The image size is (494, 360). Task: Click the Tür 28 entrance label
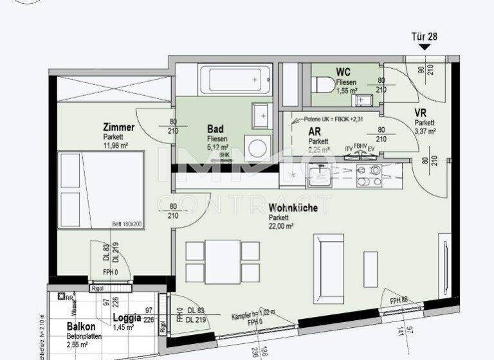[x=424, y=37]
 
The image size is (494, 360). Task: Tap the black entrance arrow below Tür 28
[x=424, y=48]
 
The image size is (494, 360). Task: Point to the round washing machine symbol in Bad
[x=261, y=147]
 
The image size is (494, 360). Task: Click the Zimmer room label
[x=118, y=127]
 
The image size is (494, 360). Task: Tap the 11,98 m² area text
[x=116, y=145]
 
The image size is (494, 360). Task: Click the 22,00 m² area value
[x=281, y=226]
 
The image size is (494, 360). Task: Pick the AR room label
[x=315, y=131]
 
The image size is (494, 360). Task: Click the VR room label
[x=422, y=113]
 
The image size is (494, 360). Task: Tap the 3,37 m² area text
[x=425, y=131]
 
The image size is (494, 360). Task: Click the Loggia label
[x=127, y=317]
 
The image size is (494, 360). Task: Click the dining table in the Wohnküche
[x=223, y=261]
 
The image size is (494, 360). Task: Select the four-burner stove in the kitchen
[x=369, y=175]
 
